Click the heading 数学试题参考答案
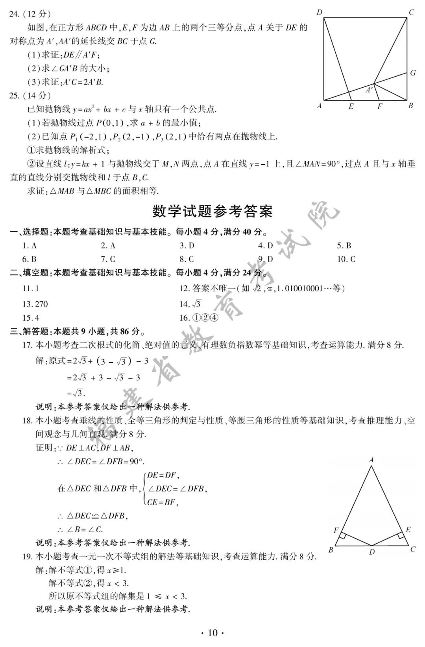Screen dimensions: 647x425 point(212,212)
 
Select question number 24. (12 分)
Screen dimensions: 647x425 point(30,14)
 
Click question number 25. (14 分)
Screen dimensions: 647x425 point(30,96)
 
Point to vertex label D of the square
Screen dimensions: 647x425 point(320,13)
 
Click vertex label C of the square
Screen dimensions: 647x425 point(411,13)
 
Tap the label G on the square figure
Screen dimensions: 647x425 point(413,73)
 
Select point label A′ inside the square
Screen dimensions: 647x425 point(369,90)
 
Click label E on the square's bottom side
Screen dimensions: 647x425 point(351,106)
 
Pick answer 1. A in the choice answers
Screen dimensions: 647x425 point(30,246)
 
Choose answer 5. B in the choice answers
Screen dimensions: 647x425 point(344,246)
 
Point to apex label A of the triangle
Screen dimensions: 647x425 point(371,460)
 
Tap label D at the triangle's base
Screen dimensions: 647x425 point(372,552)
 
